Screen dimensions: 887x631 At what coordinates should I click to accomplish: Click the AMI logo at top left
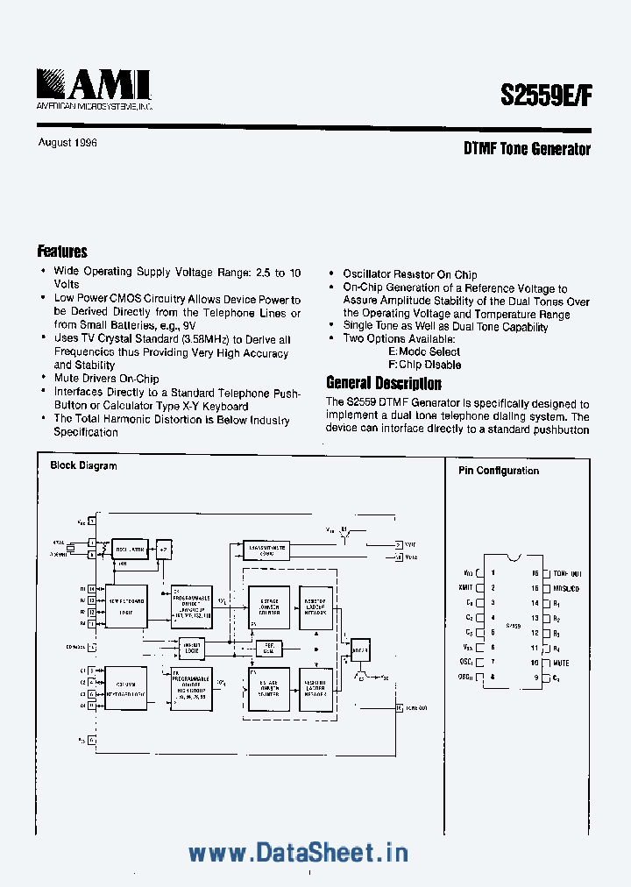tap(95, 89)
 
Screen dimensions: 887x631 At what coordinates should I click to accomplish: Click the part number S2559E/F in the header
tap(546, 96)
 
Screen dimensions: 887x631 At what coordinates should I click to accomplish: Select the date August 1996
tap(67, 143)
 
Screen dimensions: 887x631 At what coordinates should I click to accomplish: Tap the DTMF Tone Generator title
tap(527, 149)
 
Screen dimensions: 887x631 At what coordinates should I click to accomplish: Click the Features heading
tap(62, 252)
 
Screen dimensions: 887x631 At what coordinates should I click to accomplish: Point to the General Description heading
tap(384, 383)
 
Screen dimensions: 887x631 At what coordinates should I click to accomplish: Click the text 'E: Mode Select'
tap(424, 351)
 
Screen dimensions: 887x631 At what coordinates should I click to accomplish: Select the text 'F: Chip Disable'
tap(424, 365)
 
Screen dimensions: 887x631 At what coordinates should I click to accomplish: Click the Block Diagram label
tap(83, 465)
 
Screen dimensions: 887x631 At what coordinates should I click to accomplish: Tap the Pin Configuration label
tap(499, 471)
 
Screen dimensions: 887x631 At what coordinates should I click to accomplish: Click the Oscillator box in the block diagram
tap(131, 550)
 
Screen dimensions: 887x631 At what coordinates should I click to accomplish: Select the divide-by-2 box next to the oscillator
tap(163, 550)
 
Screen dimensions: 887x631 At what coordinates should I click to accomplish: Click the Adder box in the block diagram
tap(360, 649)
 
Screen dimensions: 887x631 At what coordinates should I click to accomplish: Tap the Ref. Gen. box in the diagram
tap(268, 649)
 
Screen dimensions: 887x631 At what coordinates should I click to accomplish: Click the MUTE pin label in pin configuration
tap(562, 663)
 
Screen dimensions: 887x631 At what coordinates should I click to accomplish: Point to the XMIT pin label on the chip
tap(465, 589)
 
